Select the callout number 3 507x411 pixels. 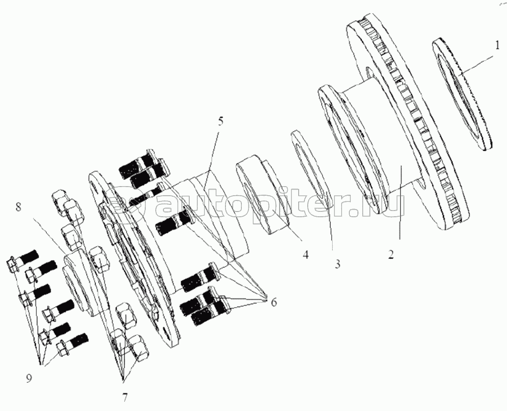[x=337, y=264]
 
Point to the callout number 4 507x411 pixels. [x=305, y=254]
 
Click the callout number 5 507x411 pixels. [x=220, y=122]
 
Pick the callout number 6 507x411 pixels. [x=273, y=303]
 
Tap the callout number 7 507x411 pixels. [x=125, y=397]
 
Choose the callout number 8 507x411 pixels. [x=19, y=207]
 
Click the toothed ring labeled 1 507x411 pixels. [x=463, y=94]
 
